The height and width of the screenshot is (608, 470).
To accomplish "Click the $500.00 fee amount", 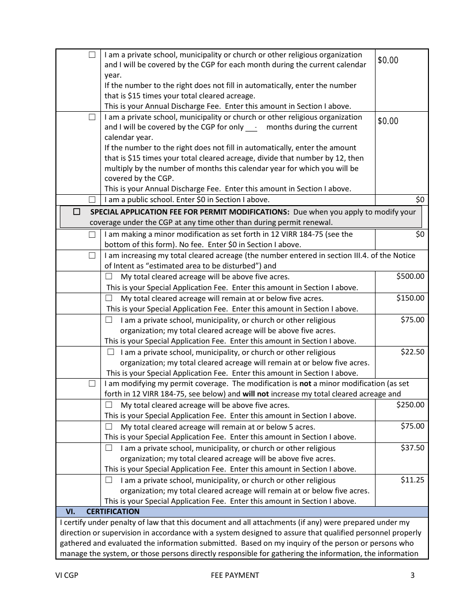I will click(x=410, y=276).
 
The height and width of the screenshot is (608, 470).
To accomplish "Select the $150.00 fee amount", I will click(x=410, y=298).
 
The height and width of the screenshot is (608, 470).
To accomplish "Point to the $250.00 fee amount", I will click(x=410, y=404).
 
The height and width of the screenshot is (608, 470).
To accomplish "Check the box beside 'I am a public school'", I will click(x=92, y=200).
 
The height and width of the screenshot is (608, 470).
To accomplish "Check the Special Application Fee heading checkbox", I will click(x=77, y=212).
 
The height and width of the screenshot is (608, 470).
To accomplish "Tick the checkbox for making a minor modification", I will click(x=92, y=234).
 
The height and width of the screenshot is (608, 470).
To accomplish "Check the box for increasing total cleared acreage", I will click(x=92, y=256).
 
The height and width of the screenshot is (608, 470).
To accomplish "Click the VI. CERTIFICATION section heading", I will click(x=103, y=512).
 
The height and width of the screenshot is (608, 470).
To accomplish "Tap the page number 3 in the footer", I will click(x=412, y=575).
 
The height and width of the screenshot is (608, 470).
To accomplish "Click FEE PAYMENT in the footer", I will click(x=235, y=575).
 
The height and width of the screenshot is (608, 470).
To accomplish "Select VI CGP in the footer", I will click(x=67, y=575).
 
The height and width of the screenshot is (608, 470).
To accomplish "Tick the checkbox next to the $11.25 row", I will click(x=109, y=480).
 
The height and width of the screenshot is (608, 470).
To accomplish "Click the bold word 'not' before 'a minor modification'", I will click(x=305, y=384).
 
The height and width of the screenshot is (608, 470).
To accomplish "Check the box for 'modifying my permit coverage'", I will click(x=92, y=384).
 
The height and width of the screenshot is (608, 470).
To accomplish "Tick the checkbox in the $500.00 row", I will click(x=109, y=277).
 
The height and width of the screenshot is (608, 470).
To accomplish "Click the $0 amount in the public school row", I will click(x=420, y=200).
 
